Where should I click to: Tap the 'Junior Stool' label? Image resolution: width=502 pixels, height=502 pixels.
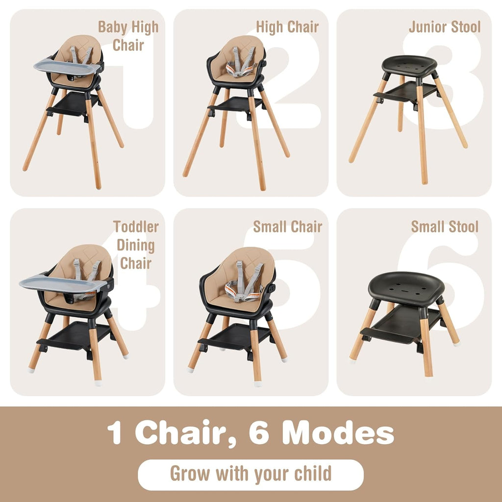(444, 27)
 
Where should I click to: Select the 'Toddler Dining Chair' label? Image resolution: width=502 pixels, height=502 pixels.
(136, 245)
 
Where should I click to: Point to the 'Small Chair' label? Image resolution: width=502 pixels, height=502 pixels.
(287, 226)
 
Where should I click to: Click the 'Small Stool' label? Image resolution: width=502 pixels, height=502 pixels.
(444, 226)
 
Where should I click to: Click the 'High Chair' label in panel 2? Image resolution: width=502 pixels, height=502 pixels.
(287, 27)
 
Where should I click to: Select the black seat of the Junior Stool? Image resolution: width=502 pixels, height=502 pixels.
(409, 64)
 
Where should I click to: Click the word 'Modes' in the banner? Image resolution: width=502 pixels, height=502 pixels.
(338, 433)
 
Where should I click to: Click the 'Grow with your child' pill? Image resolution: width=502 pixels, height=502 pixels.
(251, 475)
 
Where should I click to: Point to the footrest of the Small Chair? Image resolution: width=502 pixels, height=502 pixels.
(236, 338)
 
